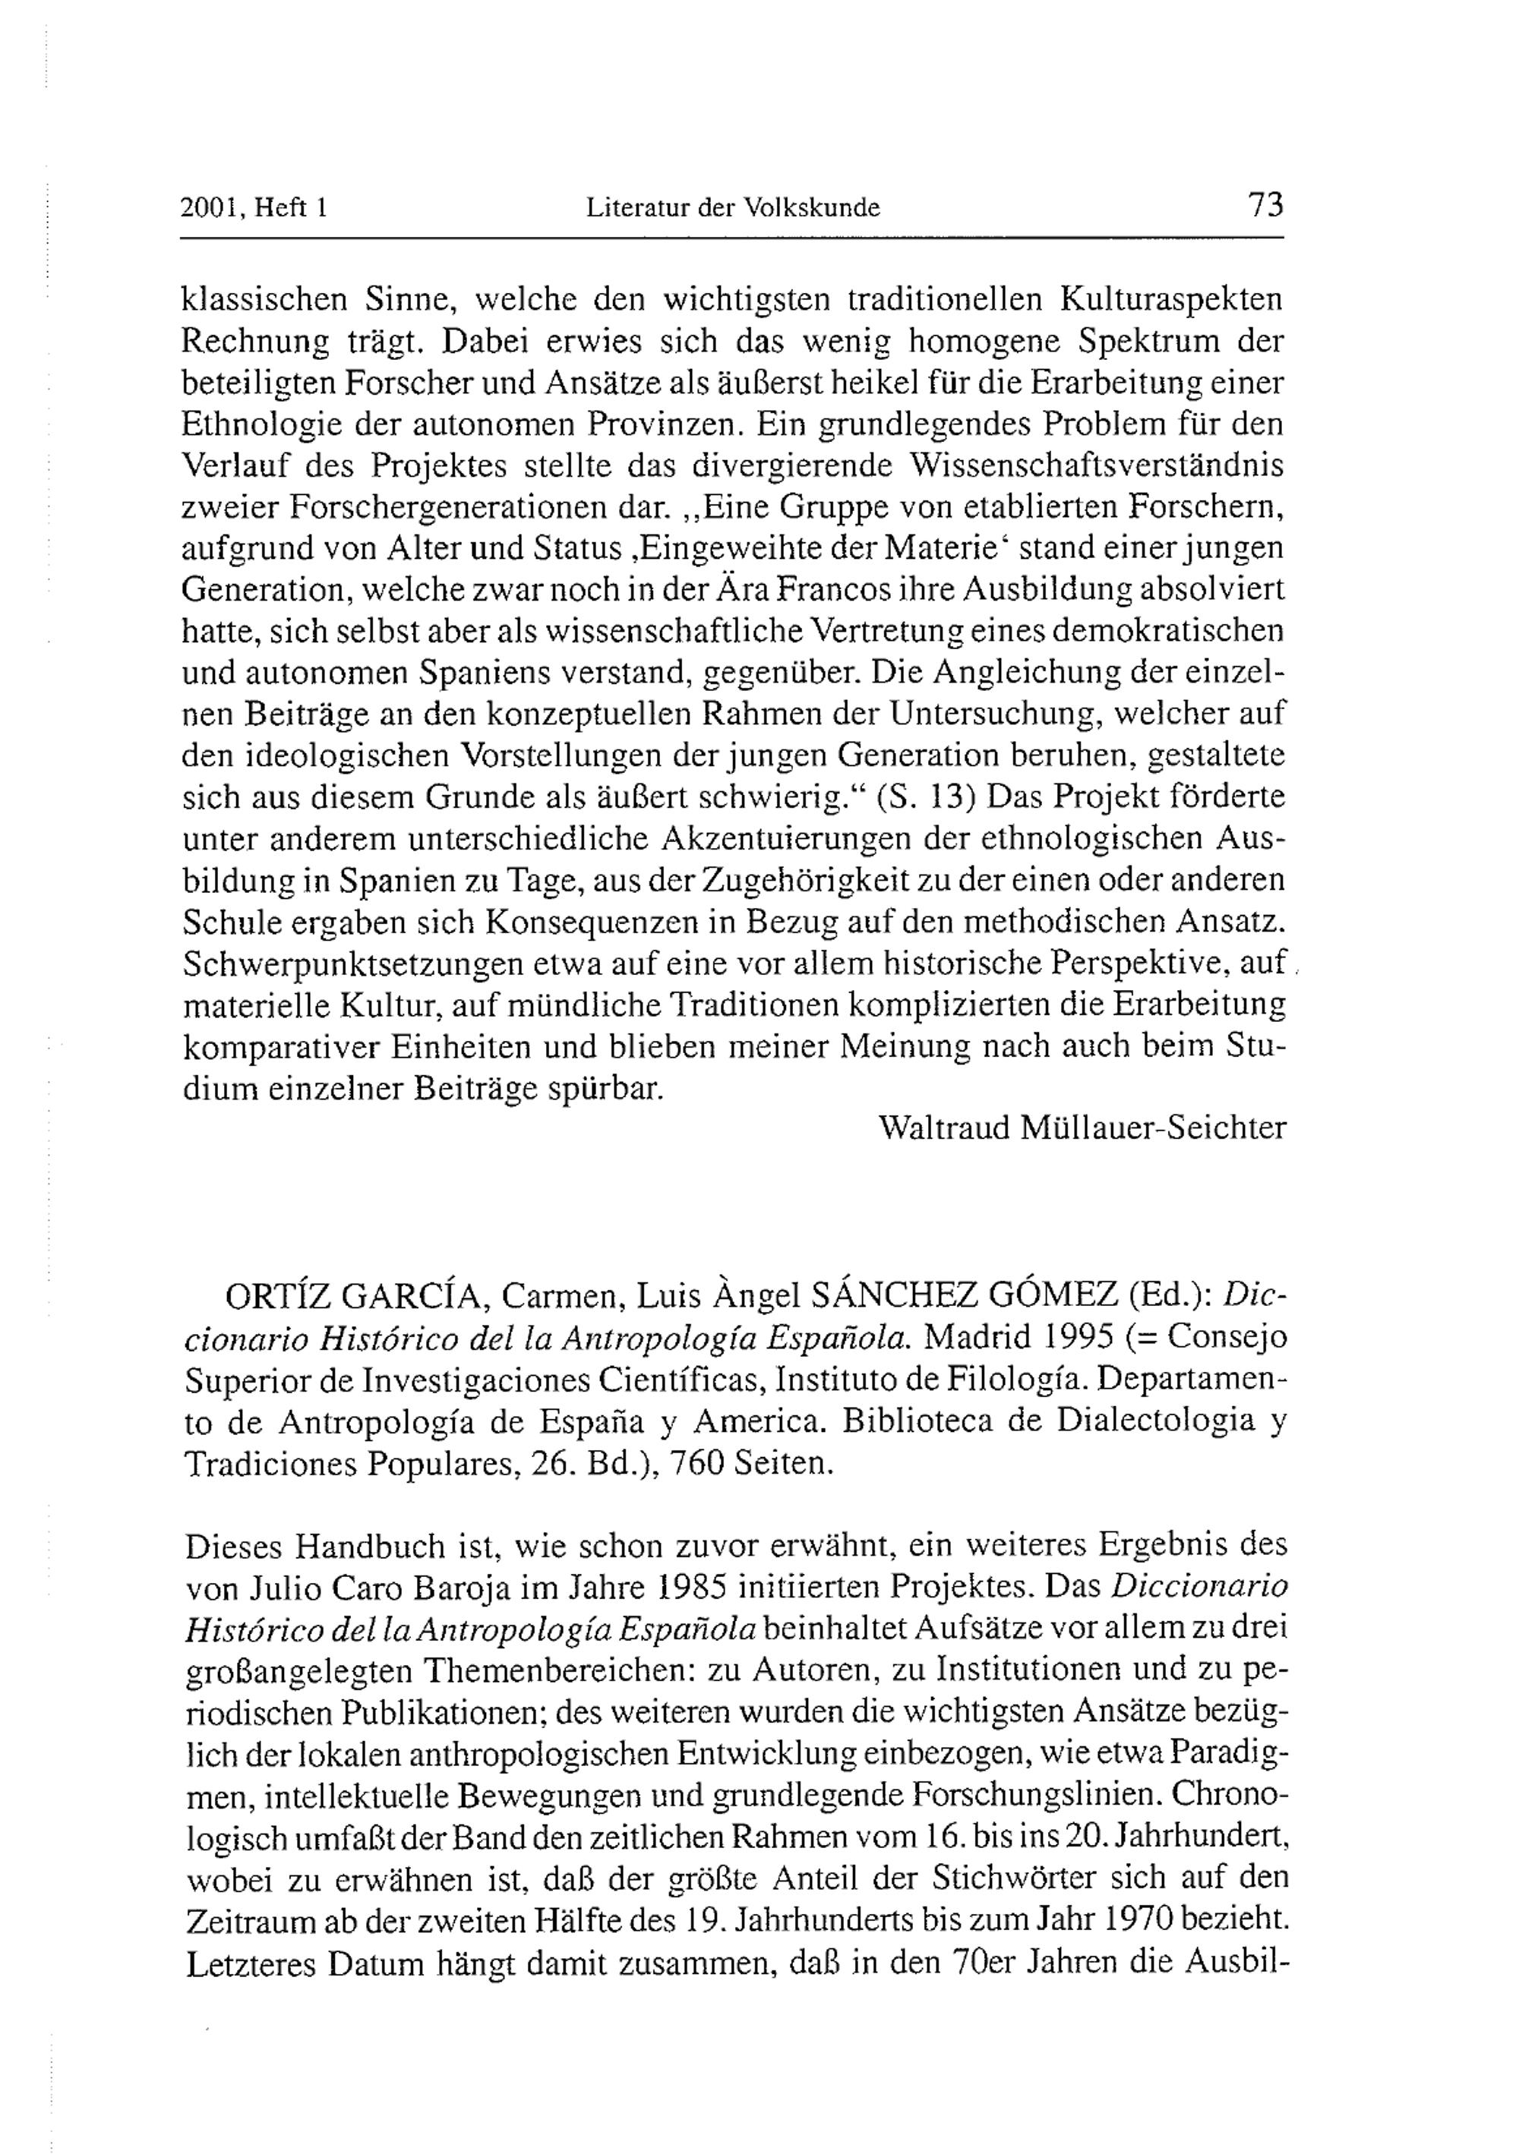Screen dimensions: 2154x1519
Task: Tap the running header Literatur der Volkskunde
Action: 733,207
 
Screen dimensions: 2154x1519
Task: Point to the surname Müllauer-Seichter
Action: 1152,1127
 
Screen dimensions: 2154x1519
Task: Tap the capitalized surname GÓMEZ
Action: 1061,1297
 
